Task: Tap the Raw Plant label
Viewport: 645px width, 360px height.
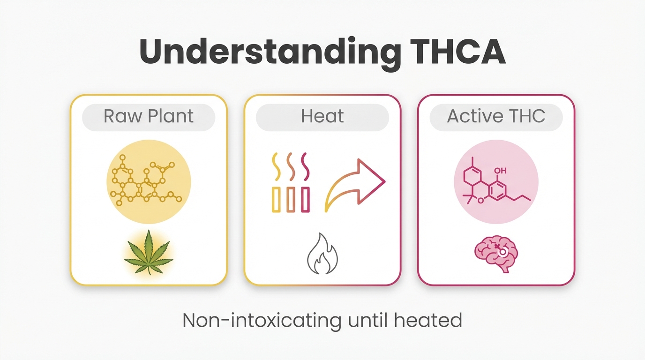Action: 149,116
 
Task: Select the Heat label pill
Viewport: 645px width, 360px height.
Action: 322,116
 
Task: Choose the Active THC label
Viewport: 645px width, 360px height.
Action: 496,116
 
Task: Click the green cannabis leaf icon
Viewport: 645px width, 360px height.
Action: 149,251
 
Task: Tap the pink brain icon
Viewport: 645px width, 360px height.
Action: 496,255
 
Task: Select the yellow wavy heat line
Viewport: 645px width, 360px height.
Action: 276,165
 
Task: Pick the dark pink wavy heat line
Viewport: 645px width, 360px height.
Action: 305,165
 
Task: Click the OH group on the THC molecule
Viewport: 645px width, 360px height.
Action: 500,171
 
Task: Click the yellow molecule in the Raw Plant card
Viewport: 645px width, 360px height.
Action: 149,182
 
